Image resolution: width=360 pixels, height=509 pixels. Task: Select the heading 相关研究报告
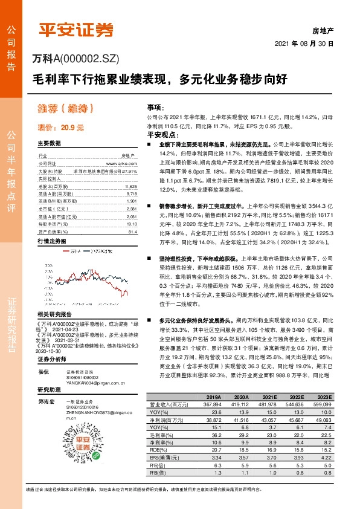54,314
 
